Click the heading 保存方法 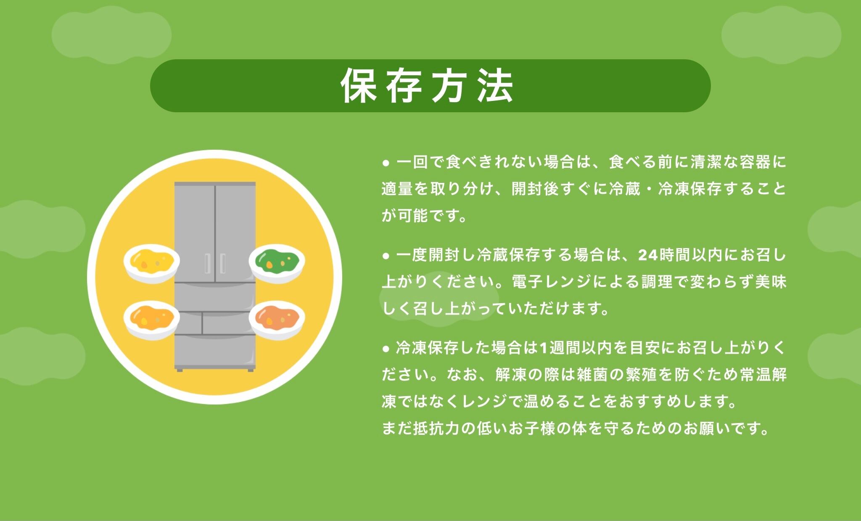click(x=427, y=86)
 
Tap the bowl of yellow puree click(x=152, y=263)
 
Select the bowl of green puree click(x=277, y=263)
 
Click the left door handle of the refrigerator click(x=207, y=264)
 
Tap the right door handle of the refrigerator click(x=222, y=264)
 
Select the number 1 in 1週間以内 click(x=543, y=349)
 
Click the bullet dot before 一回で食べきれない click(x=386, y=163)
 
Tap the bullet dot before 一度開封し click(x=386, y=256)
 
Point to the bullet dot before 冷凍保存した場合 click(x=386, y=349)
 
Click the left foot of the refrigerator click(x=180, y=369)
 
